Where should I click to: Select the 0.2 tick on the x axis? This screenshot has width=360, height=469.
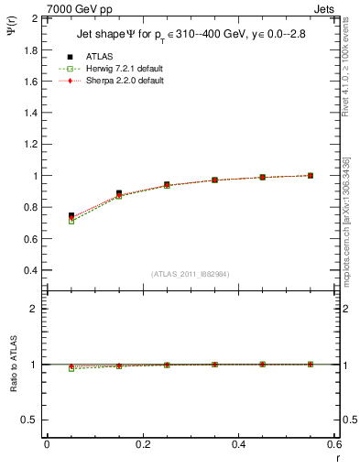(143, 443)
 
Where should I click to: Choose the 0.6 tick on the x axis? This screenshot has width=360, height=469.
(334, 443)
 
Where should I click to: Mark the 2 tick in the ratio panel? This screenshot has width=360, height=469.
(34, 309)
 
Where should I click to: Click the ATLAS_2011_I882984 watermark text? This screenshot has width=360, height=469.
(191, 275)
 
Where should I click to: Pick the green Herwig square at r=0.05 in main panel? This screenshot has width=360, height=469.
(71, 221)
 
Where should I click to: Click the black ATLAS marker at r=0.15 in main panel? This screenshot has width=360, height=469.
(119, 193)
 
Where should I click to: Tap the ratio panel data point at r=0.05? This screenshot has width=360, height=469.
(71, 368)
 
